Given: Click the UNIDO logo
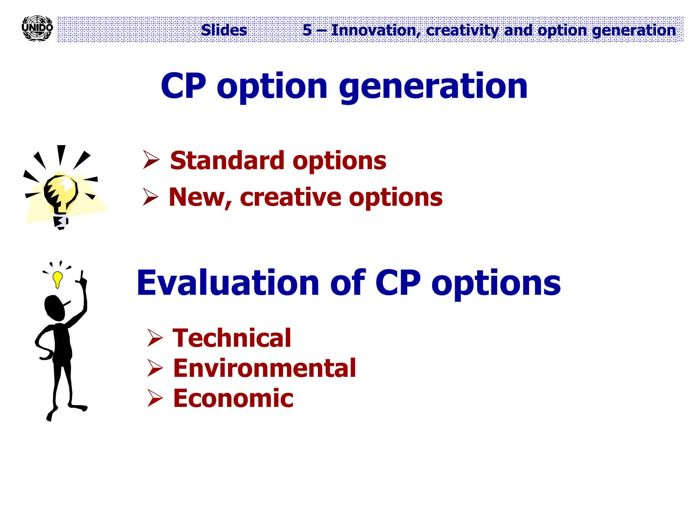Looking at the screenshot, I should (x=37, y=28).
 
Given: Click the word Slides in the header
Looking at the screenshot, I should (x=224, y=30).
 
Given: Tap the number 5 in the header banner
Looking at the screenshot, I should (x=307, y=30).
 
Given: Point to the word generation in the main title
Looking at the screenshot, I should (x=433, y=87).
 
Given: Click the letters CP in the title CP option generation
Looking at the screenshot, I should (x=184, y=86).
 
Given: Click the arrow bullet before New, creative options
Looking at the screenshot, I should (x=150, y=197).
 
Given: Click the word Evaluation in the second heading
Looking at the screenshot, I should (x=227, y=283).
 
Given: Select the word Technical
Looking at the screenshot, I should (x=232, y=338).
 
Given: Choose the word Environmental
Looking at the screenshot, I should (x=264, y=368).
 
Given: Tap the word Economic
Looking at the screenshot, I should (x=233, y=398).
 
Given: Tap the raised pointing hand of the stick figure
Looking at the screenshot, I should (x=82, y=278).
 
